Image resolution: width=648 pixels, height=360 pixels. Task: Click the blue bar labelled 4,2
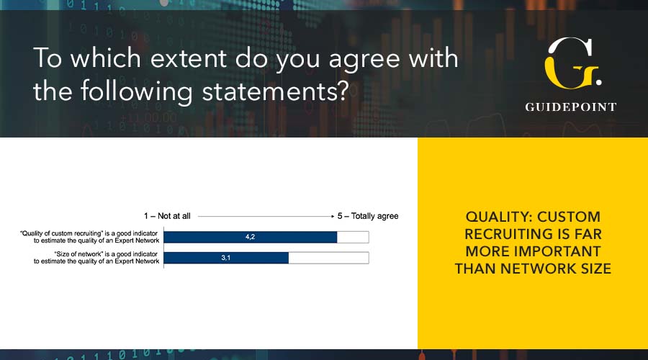[x=251, y=237]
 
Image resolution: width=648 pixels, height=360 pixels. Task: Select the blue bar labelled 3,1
[x=226, y=258]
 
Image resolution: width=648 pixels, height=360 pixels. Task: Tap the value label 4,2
[x=250, y=237]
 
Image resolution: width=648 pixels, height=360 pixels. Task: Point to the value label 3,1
[x=225, y=258]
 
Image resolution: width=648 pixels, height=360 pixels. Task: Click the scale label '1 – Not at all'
[x=167, y=216]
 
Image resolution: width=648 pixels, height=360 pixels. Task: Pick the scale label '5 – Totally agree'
[x=368, y=216]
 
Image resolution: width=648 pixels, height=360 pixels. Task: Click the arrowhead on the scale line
[x=333, y=216]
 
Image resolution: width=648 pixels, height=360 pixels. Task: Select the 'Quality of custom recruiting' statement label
[x=89, y=237]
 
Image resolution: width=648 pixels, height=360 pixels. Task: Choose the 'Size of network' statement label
[x=96, y=258]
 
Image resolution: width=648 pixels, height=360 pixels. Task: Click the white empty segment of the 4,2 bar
[x=353, y=237]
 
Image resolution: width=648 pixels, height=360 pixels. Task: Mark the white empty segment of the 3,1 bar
[x=328, y=258]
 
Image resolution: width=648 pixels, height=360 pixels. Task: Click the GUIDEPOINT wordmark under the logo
[x=571, y=107]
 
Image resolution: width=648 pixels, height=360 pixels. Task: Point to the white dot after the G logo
[x=598, y=83]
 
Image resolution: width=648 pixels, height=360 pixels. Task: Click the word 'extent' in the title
[x=188, y=58]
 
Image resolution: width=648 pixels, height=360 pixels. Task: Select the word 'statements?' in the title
[x=276, y=91]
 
